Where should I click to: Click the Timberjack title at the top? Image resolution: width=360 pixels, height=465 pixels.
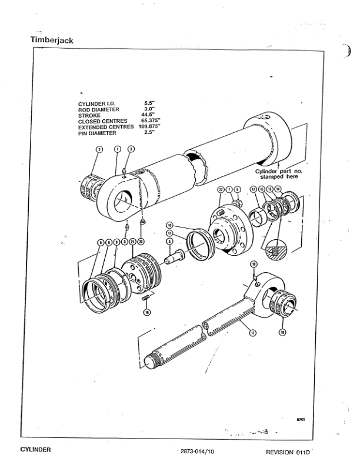pos(51,40)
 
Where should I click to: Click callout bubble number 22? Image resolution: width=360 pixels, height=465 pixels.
pos(221,189)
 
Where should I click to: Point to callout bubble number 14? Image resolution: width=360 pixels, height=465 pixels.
pos(278,189)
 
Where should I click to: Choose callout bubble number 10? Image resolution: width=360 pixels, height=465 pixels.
pos(169,225)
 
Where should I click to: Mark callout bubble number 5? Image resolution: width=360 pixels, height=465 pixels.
pos(169,240)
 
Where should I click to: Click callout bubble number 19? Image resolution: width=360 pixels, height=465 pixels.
pos(254,263)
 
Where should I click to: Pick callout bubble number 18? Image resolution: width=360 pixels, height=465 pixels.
pos(282,332)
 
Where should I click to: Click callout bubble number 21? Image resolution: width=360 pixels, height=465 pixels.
pos(133,242)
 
